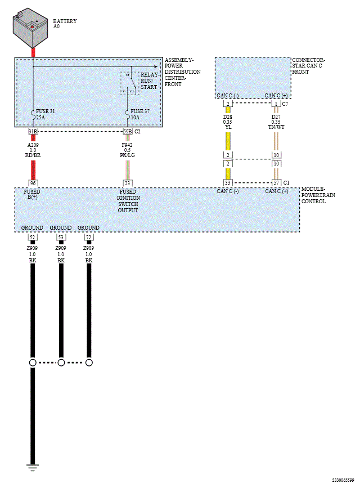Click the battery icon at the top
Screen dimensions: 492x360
30,29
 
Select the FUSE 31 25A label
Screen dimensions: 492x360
45,115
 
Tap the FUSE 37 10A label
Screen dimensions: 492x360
140,115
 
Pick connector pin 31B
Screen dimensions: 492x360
33,132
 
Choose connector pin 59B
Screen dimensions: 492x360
128,132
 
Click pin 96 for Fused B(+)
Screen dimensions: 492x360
33,183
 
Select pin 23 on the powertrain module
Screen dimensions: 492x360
128,183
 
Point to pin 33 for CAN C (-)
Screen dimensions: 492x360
228,183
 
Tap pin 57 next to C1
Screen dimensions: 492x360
276,183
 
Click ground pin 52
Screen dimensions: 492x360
32,238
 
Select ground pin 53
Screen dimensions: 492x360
61,238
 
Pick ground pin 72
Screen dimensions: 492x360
89,238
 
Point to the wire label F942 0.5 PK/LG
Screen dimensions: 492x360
128,150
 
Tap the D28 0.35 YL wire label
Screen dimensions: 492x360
228,122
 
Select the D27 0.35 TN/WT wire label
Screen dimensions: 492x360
276,122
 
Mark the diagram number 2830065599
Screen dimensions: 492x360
343,480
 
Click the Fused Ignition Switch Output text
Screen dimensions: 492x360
128,201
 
